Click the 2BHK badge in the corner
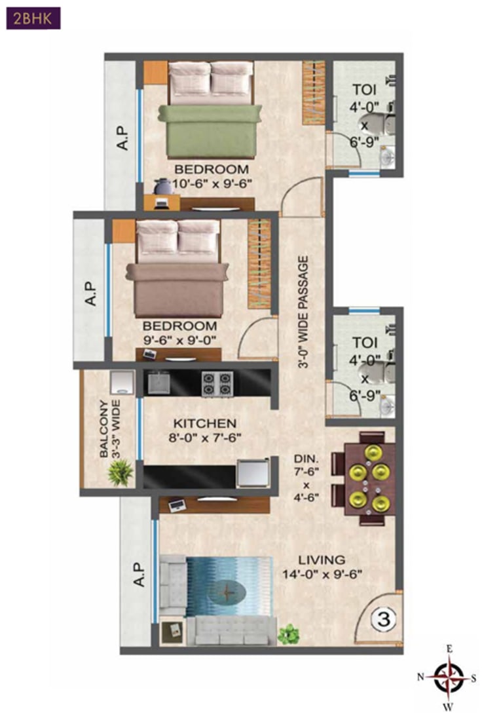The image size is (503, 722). click(x=33, y=18)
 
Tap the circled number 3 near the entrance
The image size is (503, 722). click(x=382, y=618)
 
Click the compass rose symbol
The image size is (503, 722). click(x=449, y=677)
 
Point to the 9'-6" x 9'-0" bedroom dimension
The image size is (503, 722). click(x=179, y=339)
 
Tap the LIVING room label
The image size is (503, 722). click(x=321, y=560)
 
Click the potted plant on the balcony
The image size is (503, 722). click(x=120, y=472)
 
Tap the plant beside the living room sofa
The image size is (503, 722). click(x=288, y=634)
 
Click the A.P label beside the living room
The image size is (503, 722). click(x=138, y=574)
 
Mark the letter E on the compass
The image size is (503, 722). click(x=449, y=649)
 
